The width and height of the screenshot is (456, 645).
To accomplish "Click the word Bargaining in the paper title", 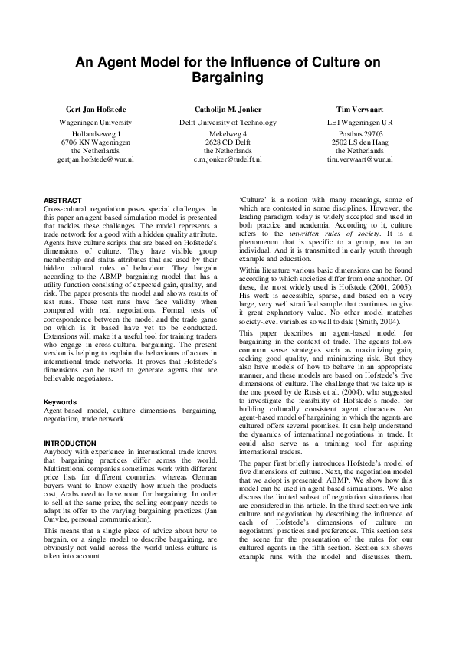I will coord(228,78).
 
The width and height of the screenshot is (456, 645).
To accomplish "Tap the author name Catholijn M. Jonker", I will coord(228,110).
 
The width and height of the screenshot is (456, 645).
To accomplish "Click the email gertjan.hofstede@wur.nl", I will coord(95,159).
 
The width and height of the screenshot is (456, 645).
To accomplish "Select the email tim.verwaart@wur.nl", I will coord(359,159).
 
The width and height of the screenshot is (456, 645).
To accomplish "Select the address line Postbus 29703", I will coord(359,133).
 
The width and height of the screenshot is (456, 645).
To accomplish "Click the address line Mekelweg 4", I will coord(228,133).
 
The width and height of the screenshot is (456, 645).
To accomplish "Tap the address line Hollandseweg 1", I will coord(95,133).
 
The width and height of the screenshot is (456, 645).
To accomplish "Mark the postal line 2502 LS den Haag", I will coord(359,142).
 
